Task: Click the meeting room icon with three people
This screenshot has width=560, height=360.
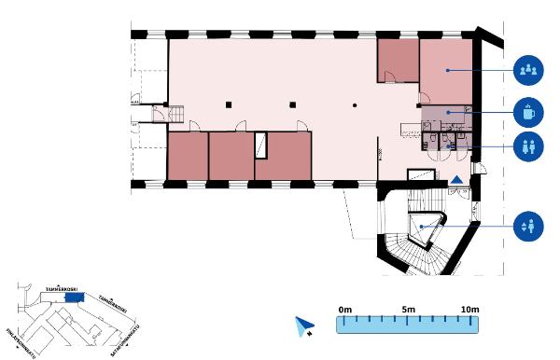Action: point(528,70)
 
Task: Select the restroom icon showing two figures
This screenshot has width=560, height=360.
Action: point(528,146)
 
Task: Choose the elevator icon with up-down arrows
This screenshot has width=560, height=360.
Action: point(528,226)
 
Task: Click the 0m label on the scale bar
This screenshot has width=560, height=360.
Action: point(344,309)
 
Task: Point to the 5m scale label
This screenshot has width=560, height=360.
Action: point(408,309)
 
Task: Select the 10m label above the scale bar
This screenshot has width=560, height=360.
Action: point(469,309)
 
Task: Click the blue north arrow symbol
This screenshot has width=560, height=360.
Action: point(302,325)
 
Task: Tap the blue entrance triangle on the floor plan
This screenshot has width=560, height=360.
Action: point(457,180)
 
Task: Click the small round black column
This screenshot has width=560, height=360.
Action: point(355,104)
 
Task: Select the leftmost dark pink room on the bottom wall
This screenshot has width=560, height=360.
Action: point(187,156)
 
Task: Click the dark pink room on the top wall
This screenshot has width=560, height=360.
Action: point(397,62)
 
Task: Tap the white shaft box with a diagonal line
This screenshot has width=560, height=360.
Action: point(261,145)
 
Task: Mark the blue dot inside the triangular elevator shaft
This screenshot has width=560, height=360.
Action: point(422,227)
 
